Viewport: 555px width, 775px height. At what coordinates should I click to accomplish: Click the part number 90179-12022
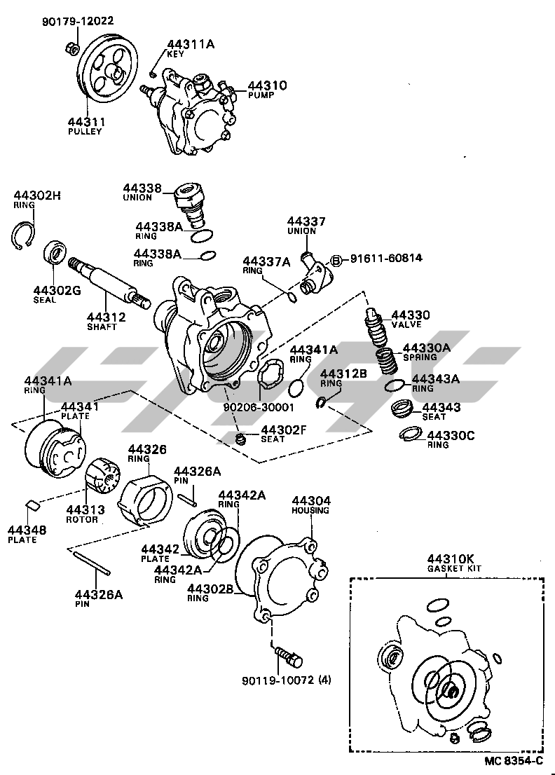[x=76, y=22]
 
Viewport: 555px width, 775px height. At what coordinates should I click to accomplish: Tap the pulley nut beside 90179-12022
[x=71, y=48]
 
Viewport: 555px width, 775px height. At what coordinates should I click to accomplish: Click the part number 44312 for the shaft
[x=107, y=317]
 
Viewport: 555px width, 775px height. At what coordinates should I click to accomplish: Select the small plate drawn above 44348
[x=32, y=506]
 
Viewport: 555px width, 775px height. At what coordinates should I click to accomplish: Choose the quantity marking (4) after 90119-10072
[x=325, y=680]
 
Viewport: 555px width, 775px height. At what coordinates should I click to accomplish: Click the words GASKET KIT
[x=449, y=568]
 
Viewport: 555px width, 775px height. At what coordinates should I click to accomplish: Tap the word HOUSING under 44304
[x=310, y=510]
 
